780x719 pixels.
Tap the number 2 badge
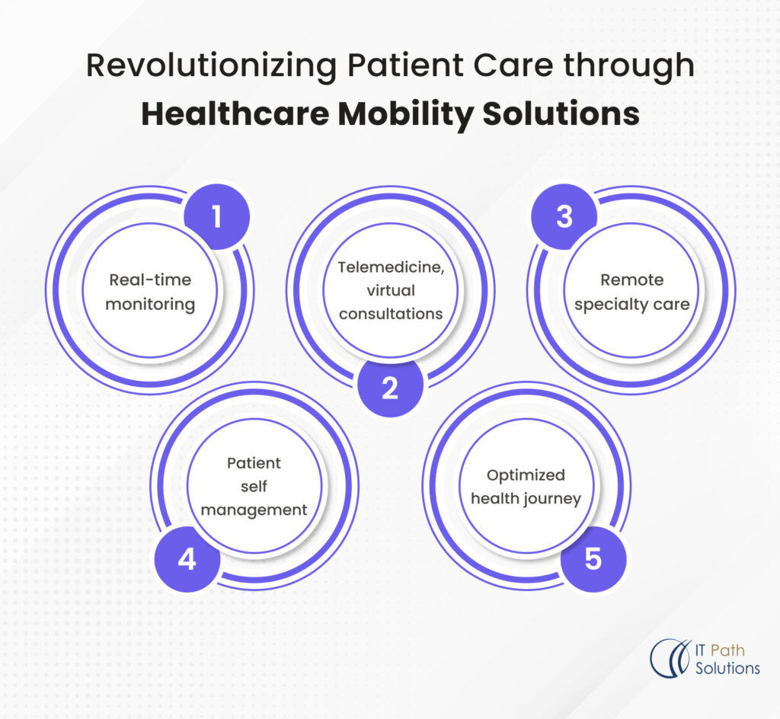pos(390,388)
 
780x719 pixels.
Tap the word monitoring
pos(150,304)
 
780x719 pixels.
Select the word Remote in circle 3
pos(631,280)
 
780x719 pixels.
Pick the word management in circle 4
pos(254,509)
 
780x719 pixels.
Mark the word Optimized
pos(526,475)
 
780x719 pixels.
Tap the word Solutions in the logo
pos(727,669)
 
